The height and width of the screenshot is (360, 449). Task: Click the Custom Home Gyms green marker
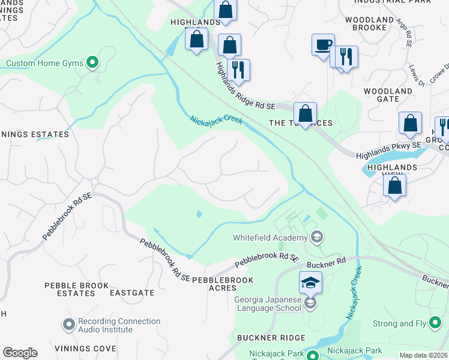[92, 62]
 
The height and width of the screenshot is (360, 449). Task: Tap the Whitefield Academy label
[270, 238]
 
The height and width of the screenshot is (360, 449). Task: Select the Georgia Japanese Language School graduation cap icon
[310, 282]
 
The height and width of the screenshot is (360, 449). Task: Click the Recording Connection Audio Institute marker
[69, 325]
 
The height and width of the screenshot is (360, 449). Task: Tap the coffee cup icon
[323, 45]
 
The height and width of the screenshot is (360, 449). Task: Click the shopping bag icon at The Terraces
[305, 113]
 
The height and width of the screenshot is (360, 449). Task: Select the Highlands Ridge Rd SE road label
[245, 87]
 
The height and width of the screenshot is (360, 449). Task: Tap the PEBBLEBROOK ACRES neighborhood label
[223, 284]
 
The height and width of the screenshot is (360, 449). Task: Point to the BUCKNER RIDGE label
[271, 338]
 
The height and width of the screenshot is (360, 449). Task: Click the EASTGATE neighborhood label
[132, 293]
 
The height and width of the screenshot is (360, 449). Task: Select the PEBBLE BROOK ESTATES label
[77, 289]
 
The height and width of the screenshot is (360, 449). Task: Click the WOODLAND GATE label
[388, 95]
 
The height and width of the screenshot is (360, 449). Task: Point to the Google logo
[20, 353]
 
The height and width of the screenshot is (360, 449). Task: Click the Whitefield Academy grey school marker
[318, 238]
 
